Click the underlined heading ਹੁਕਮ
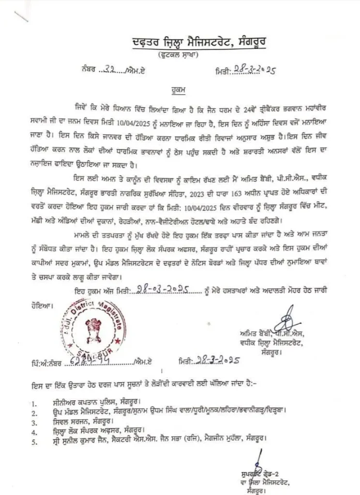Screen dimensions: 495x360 tap(179, 89)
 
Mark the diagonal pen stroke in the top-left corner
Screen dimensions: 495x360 tap(21, 16)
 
